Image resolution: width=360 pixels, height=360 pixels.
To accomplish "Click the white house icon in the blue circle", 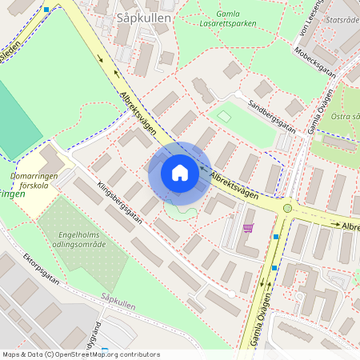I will click(x=179, y=173).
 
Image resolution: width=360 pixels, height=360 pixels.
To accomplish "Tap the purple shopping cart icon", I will click(x=248, y=228).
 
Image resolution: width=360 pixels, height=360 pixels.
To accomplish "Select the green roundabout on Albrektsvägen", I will click(x=287, y=208).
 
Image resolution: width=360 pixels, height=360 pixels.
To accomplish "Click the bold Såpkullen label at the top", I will click(x=138, y=17).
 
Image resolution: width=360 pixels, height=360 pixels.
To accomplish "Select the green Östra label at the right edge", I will click(x=345, y=117).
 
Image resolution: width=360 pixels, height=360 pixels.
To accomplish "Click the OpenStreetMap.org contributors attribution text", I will click(x=104, y=354).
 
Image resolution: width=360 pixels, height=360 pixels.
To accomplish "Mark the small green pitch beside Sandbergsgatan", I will click(x=224, y=117).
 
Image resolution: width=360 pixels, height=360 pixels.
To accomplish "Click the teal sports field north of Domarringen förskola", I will click(x=16, y=120).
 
